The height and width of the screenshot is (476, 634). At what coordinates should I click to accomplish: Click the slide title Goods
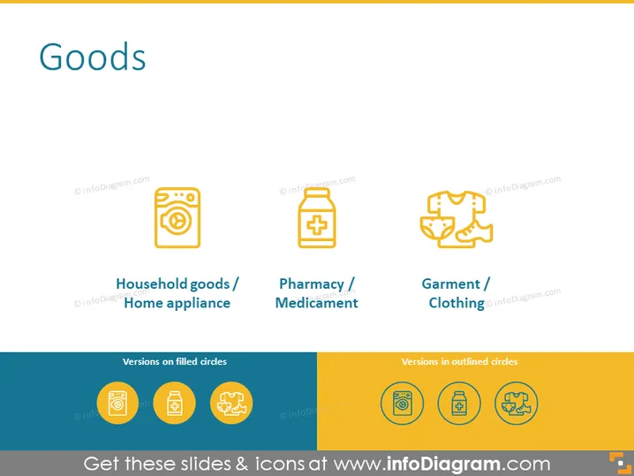(92, 57)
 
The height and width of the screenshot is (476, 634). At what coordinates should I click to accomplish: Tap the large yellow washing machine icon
(177, 217)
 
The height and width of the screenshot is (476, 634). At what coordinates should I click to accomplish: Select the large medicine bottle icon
(317, 217)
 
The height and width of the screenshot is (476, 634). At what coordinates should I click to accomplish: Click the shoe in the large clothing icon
(474, 231)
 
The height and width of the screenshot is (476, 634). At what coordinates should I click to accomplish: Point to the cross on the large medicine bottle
(317, 225)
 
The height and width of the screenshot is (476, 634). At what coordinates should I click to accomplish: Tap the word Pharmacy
(312, 283)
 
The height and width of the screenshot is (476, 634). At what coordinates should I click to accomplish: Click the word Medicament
(317, 303)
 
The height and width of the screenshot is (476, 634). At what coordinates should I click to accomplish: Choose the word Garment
(451, 283)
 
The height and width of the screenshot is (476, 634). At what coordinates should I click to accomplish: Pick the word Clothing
(457, 303)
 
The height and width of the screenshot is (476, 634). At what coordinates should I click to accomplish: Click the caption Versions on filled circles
(175, 361)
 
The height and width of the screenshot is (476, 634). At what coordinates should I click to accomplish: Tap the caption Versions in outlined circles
(459, 361)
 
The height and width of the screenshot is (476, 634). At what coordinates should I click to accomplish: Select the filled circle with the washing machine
(117, 404)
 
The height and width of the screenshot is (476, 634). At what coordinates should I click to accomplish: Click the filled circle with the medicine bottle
(174, 404)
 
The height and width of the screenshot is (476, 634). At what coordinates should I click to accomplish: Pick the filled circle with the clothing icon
(231, 404)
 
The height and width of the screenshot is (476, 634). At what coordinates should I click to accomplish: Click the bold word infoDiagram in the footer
(443, 464)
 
